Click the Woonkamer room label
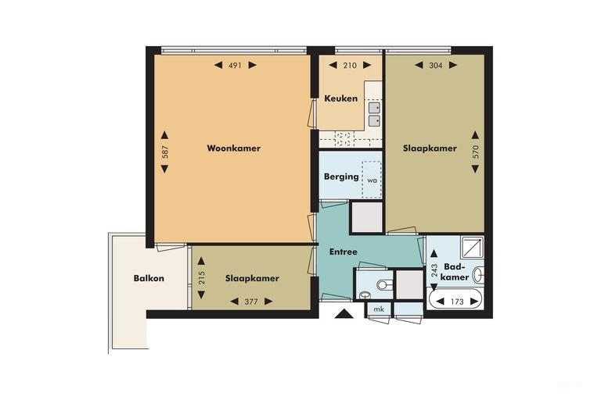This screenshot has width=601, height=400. pos(233,148)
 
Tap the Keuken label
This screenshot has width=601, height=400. pos(340,98)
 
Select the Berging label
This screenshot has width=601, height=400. pos(341,177)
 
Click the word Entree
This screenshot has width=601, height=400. pos(343,252)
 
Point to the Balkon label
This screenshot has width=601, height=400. pos(149,278)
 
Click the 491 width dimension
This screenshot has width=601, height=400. pos(235,66)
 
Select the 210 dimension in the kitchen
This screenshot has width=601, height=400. pos(350,66)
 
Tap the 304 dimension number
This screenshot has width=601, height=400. pos(436,66)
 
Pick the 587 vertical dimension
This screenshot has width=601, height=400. pos(165,152)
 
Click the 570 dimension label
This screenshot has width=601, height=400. pos(476,152)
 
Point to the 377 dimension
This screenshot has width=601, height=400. pos(251,302)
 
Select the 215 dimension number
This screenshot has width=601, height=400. pos(202,277)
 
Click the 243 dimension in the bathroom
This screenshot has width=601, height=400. pos(434,270)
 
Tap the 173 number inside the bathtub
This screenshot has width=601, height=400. pos(457,302)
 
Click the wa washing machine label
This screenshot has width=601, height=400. pos(372,180)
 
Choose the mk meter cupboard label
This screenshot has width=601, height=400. pos(379,309)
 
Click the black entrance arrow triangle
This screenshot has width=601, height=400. pos(344,313)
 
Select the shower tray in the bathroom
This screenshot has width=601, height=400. pos(472,248)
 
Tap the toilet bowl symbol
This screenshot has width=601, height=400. pos(384,284)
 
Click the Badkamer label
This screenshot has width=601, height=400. pos(455,272)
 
